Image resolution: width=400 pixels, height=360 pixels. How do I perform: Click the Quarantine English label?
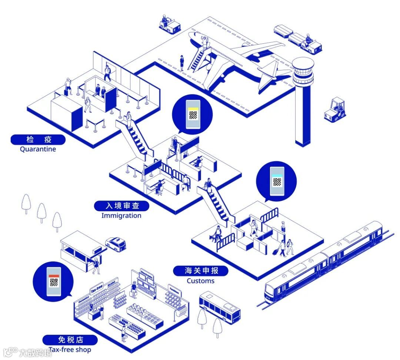[38, 149]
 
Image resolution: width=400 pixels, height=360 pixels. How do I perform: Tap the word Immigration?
[121, 216]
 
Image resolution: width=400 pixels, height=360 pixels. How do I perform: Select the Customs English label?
[200, 281]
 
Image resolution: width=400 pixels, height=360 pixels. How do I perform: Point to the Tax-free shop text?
[70, 350]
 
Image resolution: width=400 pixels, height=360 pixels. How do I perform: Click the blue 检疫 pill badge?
[38, 140]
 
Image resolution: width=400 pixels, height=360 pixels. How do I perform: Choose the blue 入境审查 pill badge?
[121, 206]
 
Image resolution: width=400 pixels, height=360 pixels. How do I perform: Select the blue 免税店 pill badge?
[70, 340]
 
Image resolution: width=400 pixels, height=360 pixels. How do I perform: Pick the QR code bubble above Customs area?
[276, 181]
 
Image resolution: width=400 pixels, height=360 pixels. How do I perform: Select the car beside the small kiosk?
[116, 244]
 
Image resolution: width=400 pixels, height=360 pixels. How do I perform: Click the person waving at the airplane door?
[203, 40]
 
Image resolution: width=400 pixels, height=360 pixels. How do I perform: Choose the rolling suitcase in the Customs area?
[275, 252]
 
